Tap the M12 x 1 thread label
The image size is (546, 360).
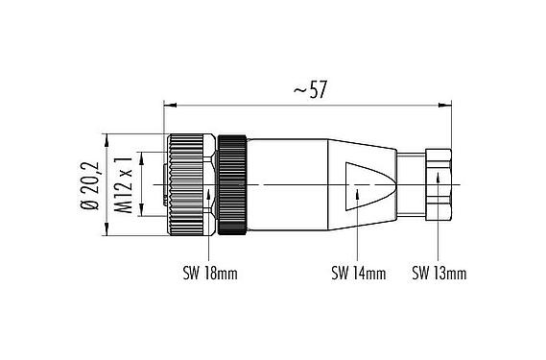point(123,184)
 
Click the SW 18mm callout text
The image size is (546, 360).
point(209,274)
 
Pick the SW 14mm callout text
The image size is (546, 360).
point(358,274)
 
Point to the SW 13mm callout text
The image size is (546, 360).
point(439,274)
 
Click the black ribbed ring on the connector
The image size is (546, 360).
point(234,184)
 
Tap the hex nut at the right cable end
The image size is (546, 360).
point(439,184)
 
